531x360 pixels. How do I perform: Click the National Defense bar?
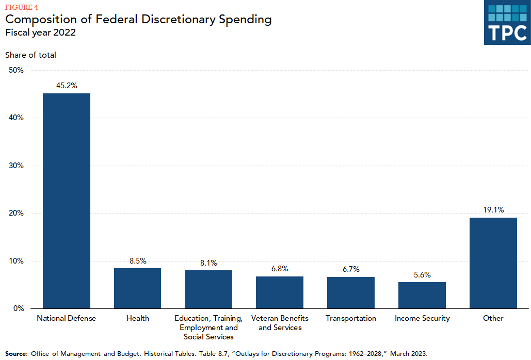[x=66, y=201]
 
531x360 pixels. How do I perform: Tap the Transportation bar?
[x=351, y=292]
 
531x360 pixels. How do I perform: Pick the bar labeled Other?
[x=493, y=263]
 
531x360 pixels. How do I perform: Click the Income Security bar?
[x=422, y=295]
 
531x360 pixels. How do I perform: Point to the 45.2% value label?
[x=66, y=86]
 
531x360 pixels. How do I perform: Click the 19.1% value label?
[x=493, y=210]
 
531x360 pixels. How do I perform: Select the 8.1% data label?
[x=208, y=263]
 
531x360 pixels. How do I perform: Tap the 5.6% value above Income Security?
[x=422, y=275]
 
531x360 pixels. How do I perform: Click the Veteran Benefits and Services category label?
[x=280, y=323]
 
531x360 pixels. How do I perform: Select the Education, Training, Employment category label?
[x=208, y=328]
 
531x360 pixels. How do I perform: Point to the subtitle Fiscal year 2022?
[x=41, y=32]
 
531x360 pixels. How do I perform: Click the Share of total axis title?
[x=30, y=55]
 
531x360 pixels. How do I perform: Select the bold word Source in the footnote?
[x=15, y=353]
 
